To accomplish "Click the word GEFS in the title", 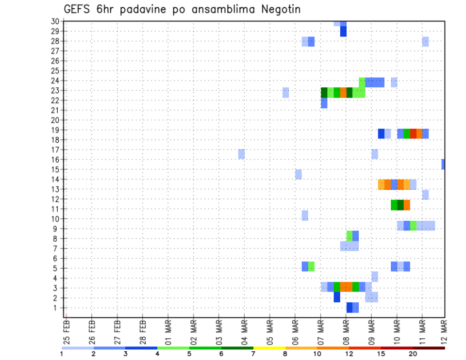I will pyautogui.click(x=77, y=9).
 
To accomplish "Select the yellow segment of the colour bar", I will pyautogui.click(x=269, y=348).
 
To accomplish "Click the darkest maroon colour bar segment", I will pyautogui.click(x=429, y=348).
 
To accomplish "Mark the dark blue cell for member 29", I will pyautogui.click(x=343, y=31).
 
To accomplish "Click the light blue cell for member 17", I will pyautogui.click(x=241, y=154).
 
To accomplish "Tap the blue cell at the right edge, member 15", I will pyautogui.click(x=443, y=164).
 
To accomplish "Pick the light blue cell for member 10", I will pyautogui.click(x=305, y=215).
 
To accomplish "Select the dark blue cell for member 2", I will pyautogui.click(x=337, y=297).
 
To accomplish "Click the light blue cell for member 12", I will pyautogui.click(x=425, y=195).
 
